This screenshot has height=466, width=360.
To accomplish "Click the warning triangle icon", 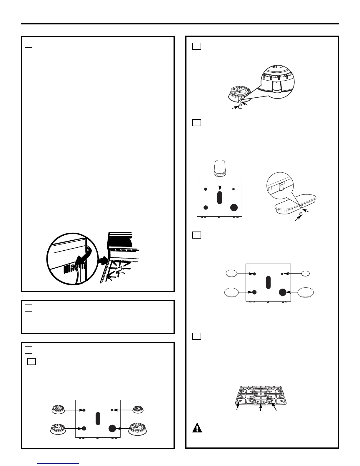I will point(197,427).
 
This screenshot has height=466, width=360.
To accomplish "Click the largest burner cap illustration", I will point(306,292).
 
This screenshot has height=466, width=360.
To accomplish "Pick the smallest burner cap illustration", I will point(306,274).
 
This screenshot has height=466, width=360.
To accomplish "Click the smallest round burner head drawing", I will point(138,410).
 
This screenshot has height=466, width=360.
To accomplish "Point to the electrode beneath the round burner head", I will point(240,107).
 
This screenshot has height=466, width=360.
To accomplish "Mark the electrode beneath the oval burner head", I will point(301,214).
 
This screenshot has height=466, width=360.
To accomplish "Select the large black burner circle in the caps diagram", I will point(283,292).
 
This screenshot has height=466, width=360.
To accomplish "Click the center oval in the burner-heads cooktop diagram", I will point(98,418).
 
